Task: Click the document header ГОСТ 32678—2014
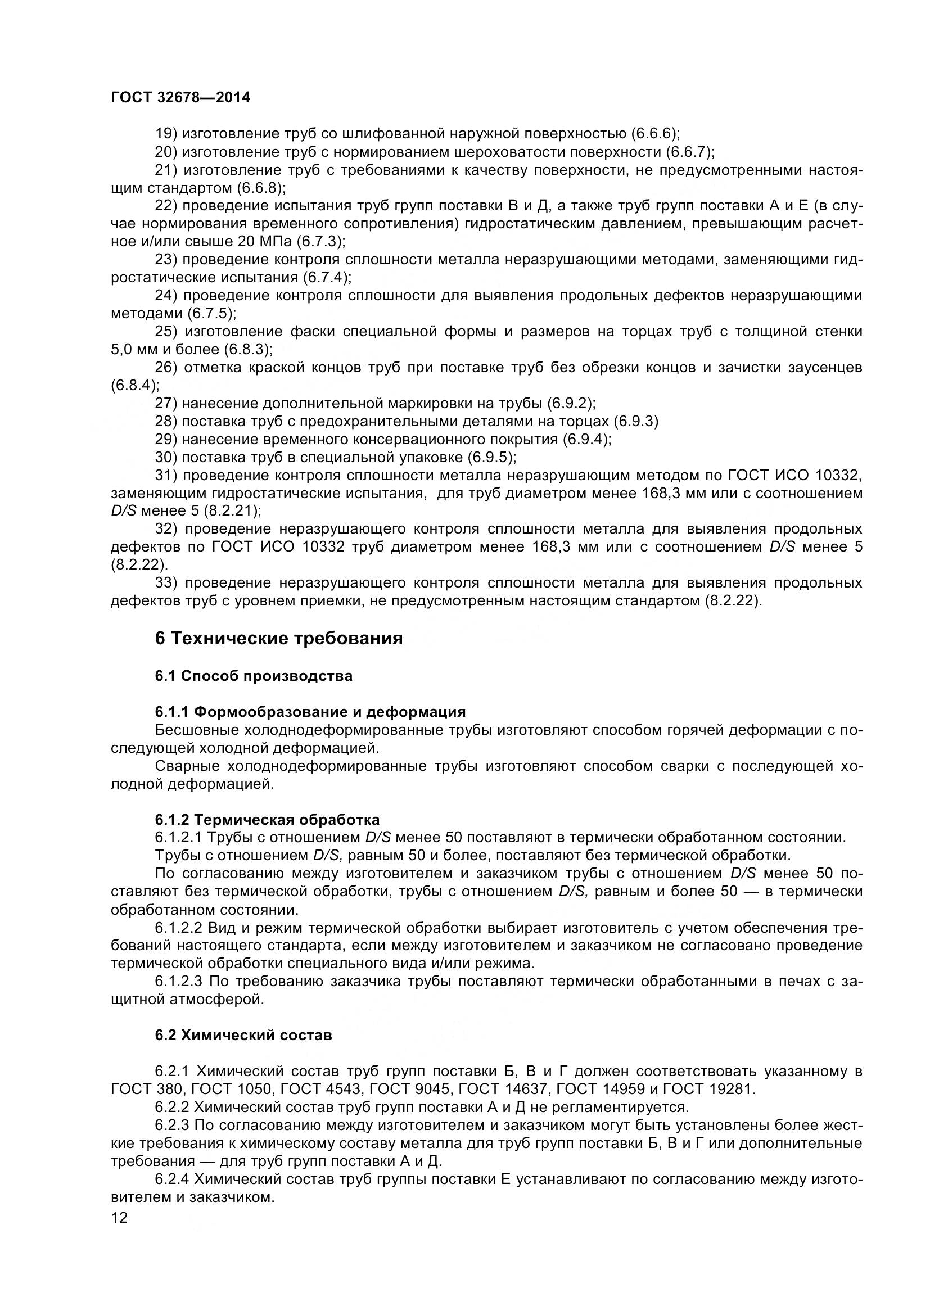click(180, 97)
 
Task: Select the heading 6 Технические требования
click(278, 638)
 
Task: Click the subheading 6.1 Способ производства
click(254, 676)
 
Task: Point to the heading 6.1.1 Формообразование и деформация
click(310, 712)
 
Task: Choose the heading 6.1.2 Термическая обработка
click(267, 820)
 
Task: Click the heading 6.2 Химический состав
click(243, 1036)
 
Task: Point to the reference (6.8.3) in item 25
click(247, 349)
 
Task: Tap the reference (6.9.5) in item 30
click(491, 458)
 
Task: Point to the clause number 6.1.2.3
click(178, 982)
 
